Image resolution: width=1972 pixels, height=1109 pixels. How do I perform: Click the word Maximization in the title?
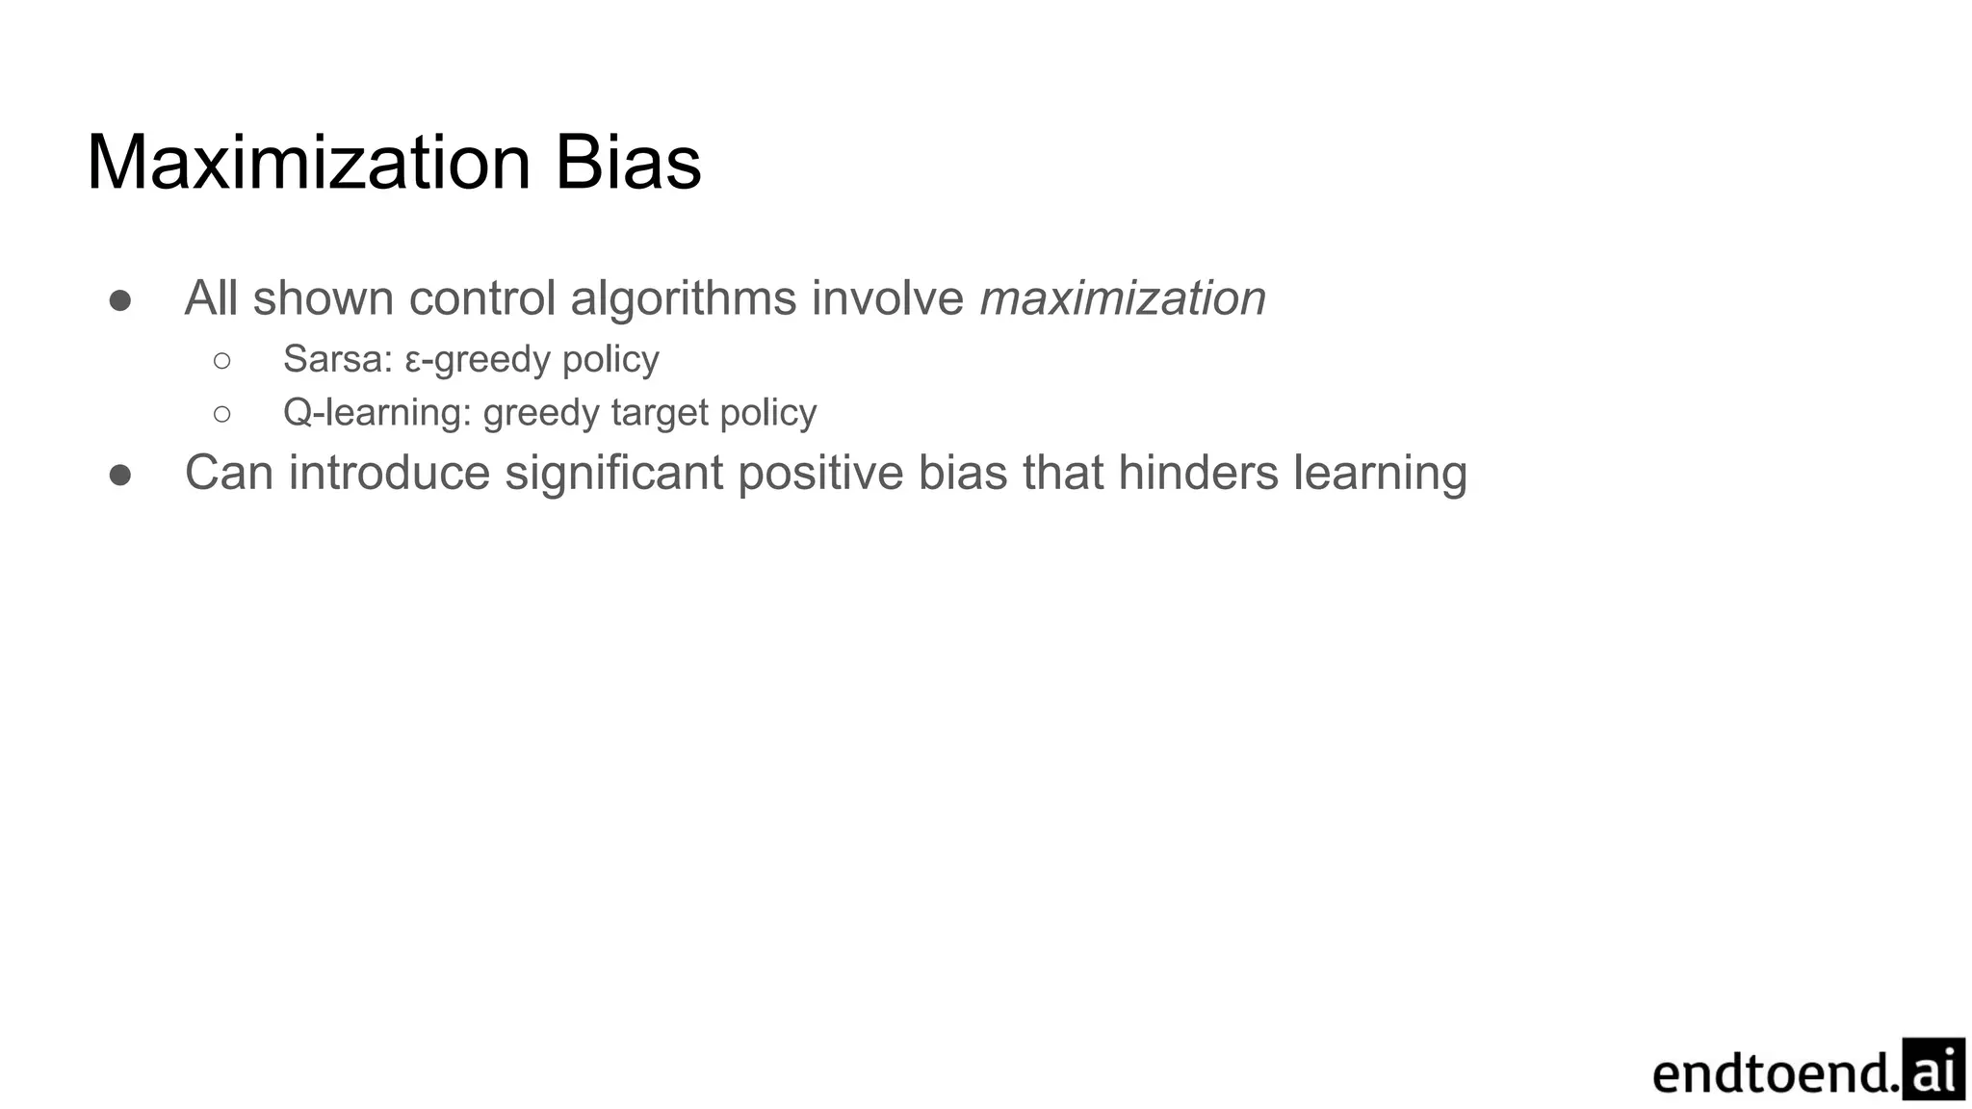308,163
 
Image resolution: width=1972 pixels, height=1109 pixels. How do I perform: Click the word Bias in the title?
628,163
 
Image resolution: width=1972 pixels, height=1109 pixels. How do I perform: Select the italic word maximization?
1123,298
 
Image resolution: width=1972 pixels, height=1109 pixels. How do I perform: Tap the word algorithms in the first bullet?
683,299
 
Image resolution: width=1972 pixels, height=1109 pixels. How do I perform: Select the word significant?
613,474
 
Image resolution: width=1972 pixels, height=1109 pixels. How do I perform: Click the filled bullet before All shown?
120,300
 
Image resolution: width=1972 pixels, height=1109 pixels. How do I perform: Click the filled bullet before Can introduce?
120,475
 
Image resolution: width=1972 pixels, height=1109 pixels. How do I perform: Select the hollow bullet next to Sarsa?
221,361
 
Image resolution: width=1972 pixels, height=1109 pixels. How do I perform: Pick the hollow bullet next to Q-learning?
221,414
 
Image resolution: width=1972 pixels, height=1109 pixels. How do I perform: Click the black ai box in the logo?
1933,1070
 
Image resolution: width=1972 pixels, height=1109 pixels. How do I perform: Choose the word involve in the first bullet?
887,298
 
